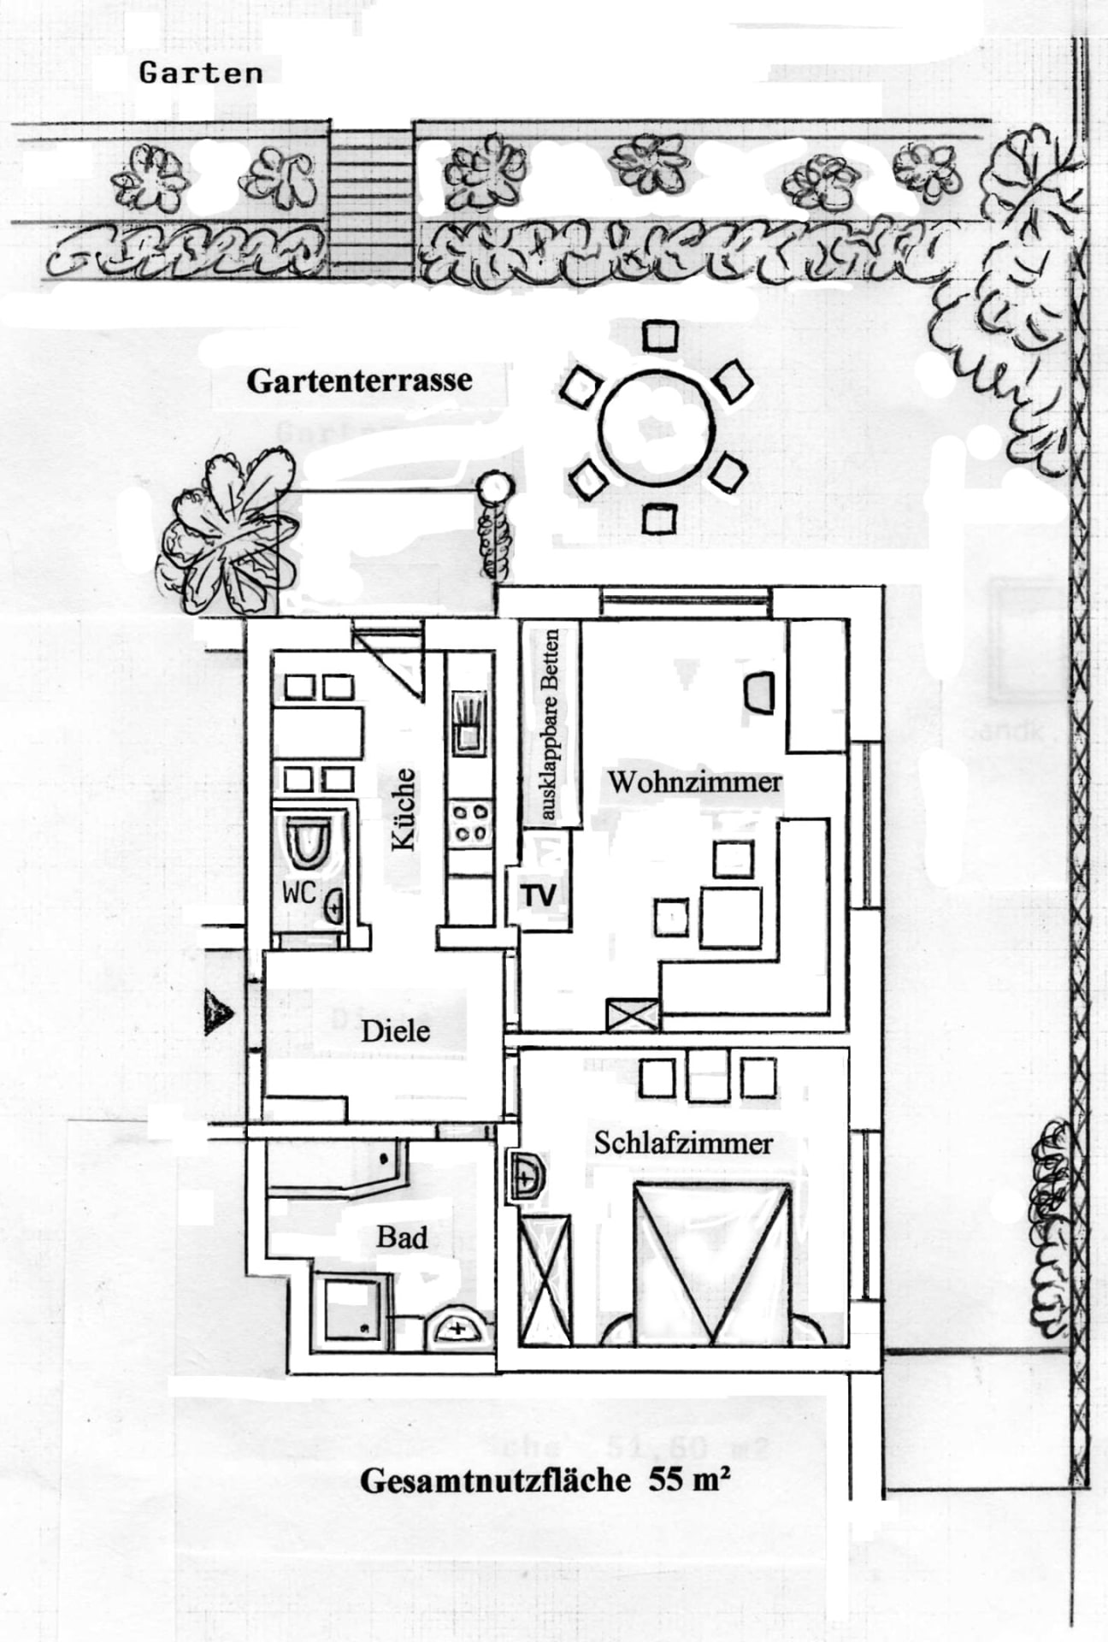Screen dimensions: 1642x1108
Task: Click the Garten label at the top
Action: point(201,74)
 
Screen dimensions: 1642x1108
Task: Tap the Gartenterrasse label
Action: point(359,381)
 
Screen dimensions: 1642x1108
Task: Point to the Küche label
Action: point(403,809)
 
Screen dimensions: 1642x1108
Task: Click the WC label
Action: point(299,893)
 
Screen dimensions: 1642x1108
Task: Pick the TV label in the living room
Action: point(539,896)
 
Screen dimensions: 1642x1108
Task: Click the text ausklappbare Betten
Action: point(551,724)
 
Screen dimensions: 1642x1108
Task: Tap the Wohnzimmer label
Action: point(694,782)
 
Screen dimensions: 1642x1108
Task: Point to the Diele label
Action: point(395,1031)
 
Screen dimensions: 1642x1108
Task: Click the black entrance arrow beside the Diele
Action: point(218,1013)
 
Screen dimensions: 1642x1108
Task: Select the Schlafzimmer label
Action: point(683,1143)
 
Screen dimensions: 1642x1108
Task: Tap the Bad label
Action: point(402,1237)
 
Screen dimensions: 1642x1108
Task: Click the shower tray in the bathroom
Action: point(351,1311)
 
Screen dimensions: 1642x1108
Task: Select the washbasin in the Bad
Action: point(458,1330)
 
